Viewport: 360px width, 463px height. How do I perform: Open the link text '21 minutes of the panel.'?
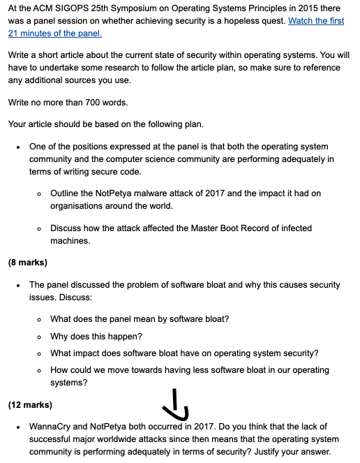pos(55,34)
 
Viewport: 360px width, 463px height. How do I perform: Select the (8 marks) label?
pos(27,263)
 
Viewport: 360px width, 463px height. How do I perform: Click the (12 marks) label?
pos(30,404)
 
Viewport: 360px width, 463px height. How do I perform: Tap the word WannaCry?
pos(51,427)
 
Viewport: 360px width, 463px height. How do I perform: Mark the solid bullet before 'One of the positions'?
pos(19,147)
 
